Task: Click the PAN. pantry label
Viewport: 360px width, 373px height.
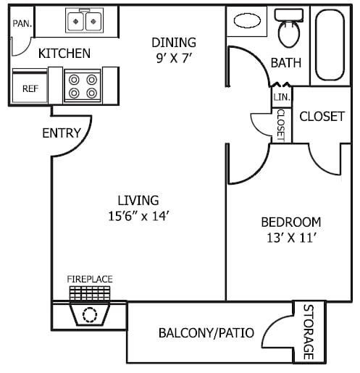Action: click(22, 23)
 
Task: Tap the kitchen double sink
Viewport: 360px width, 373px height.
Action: click(84, 20)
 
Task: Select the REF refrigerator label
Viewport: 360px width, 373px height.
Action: click(30, 88)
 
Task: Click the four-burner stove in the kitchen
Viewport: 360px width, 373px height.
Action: click(83, 85)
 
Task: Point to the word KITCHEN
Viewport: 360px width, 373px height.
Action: click(64, 54)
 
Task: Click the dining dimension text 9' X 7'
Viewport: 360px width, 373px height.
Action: click(174, 58)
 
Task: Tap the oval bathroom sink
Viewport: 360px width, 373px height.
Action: click(247, 21)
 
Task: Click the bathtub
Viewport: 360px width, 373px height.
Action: click(330, 45)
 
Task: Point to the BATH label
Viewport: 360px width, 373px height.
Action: click(286, 63)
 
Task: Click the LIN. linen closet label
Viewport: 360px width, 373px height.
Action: click(282, 97)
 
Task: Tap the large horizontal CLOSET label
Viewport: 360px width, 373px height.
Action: click(322, 117)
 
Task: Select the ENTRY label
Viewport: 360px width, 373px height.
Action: click(62, 133)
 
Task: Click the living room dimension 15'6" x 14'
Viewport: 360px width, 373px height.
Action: click(138, 216)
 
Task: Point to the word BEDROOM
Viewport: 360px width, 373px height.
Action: click(291, 222)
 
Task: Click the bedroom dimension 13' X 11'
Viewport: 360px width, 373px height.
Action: click(292, 238)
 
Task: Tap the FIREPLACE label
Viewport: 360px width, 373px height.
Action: click(90, 279)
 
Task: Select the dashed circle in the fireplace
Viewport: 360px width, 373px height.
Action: click(90, 315)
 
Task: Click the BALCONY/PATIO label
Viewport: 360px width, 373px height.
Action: click(206, 333)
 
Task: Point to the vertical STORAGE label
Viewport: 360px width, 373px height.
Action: click(309, 332)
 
